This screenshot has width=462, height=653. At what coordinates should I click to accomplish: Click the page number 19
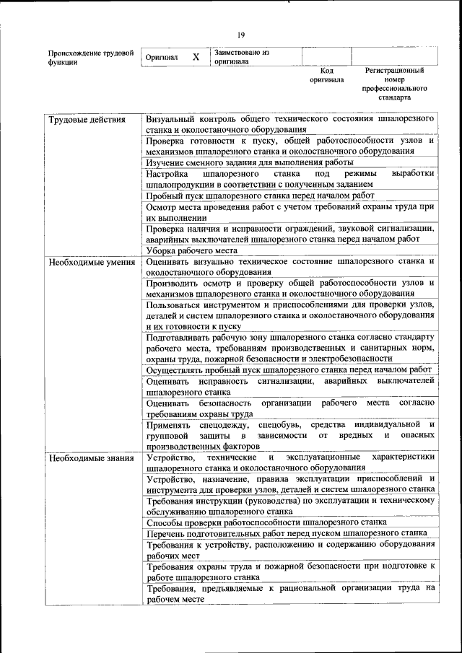coord(241,35)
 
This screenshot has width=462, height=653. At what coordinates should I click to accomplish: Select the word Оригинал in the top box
coord(162,58)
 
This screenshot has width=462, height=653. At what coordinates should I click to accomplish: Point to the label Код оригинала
coord(326,76)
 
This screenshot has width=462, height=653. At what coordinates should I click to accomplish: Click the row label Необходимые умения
coord(92,261)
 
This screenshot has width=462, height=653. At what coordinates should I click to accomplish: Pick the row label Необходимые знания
coord(91,457)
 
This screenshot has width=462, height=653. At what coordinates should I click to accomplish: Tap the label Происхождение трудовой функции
coord(90,58)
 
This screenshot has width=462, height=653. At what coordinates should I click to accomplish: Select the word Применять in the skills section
coord(168,425)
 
